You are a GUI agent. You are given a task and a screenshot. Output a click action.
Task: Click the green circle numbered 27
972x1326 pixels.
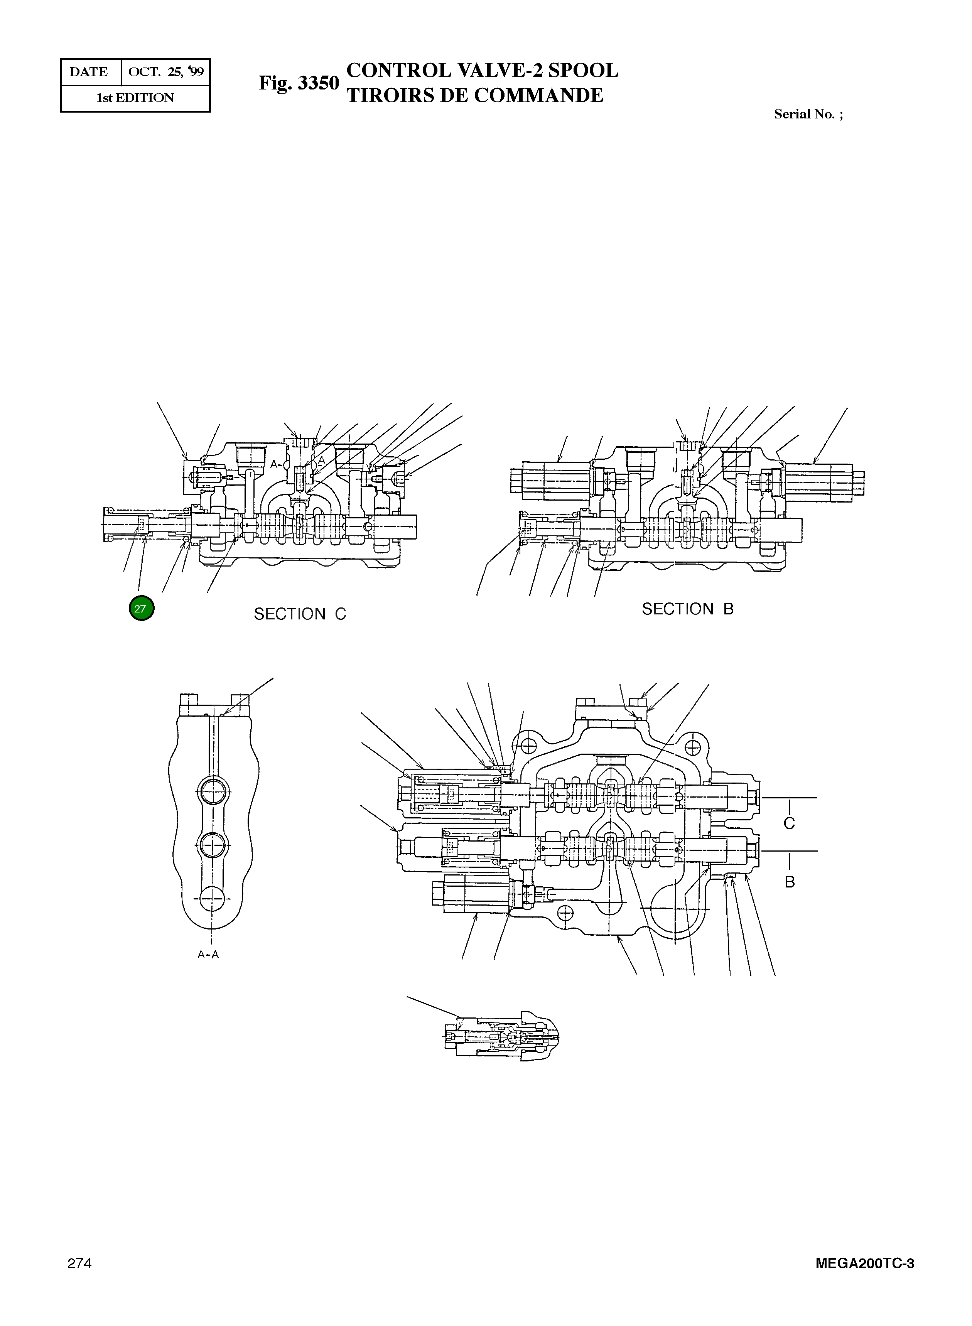coord(141,609)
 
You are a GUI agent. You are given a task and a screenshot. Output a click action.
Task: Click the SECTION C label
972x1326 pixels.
coord(300,614)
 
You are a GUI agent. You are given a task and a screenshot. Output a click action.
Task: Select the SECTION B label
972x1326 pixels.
coord(687,609)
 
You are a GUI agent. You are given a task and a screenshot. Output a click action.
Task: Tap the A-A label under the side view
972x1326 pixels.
coord(208,955)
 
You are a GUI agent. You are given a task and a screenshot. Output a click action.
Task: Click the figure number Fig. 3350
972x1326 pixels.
coord(299,83)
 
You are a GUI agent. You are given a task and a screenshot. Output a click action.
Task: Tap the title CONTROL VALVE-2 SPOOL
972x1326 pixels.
coord(483,71)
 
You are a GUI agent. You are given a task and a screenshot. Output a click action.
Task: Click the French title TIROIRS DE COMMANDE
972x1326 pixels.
coord(475,95)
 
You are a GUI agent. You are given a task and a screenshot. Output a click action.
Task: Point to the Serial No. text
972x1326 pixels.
coord(808,115)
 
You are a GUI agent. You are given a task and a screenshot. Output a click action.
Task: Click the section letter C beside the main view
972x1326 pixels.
coord(789,823)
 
